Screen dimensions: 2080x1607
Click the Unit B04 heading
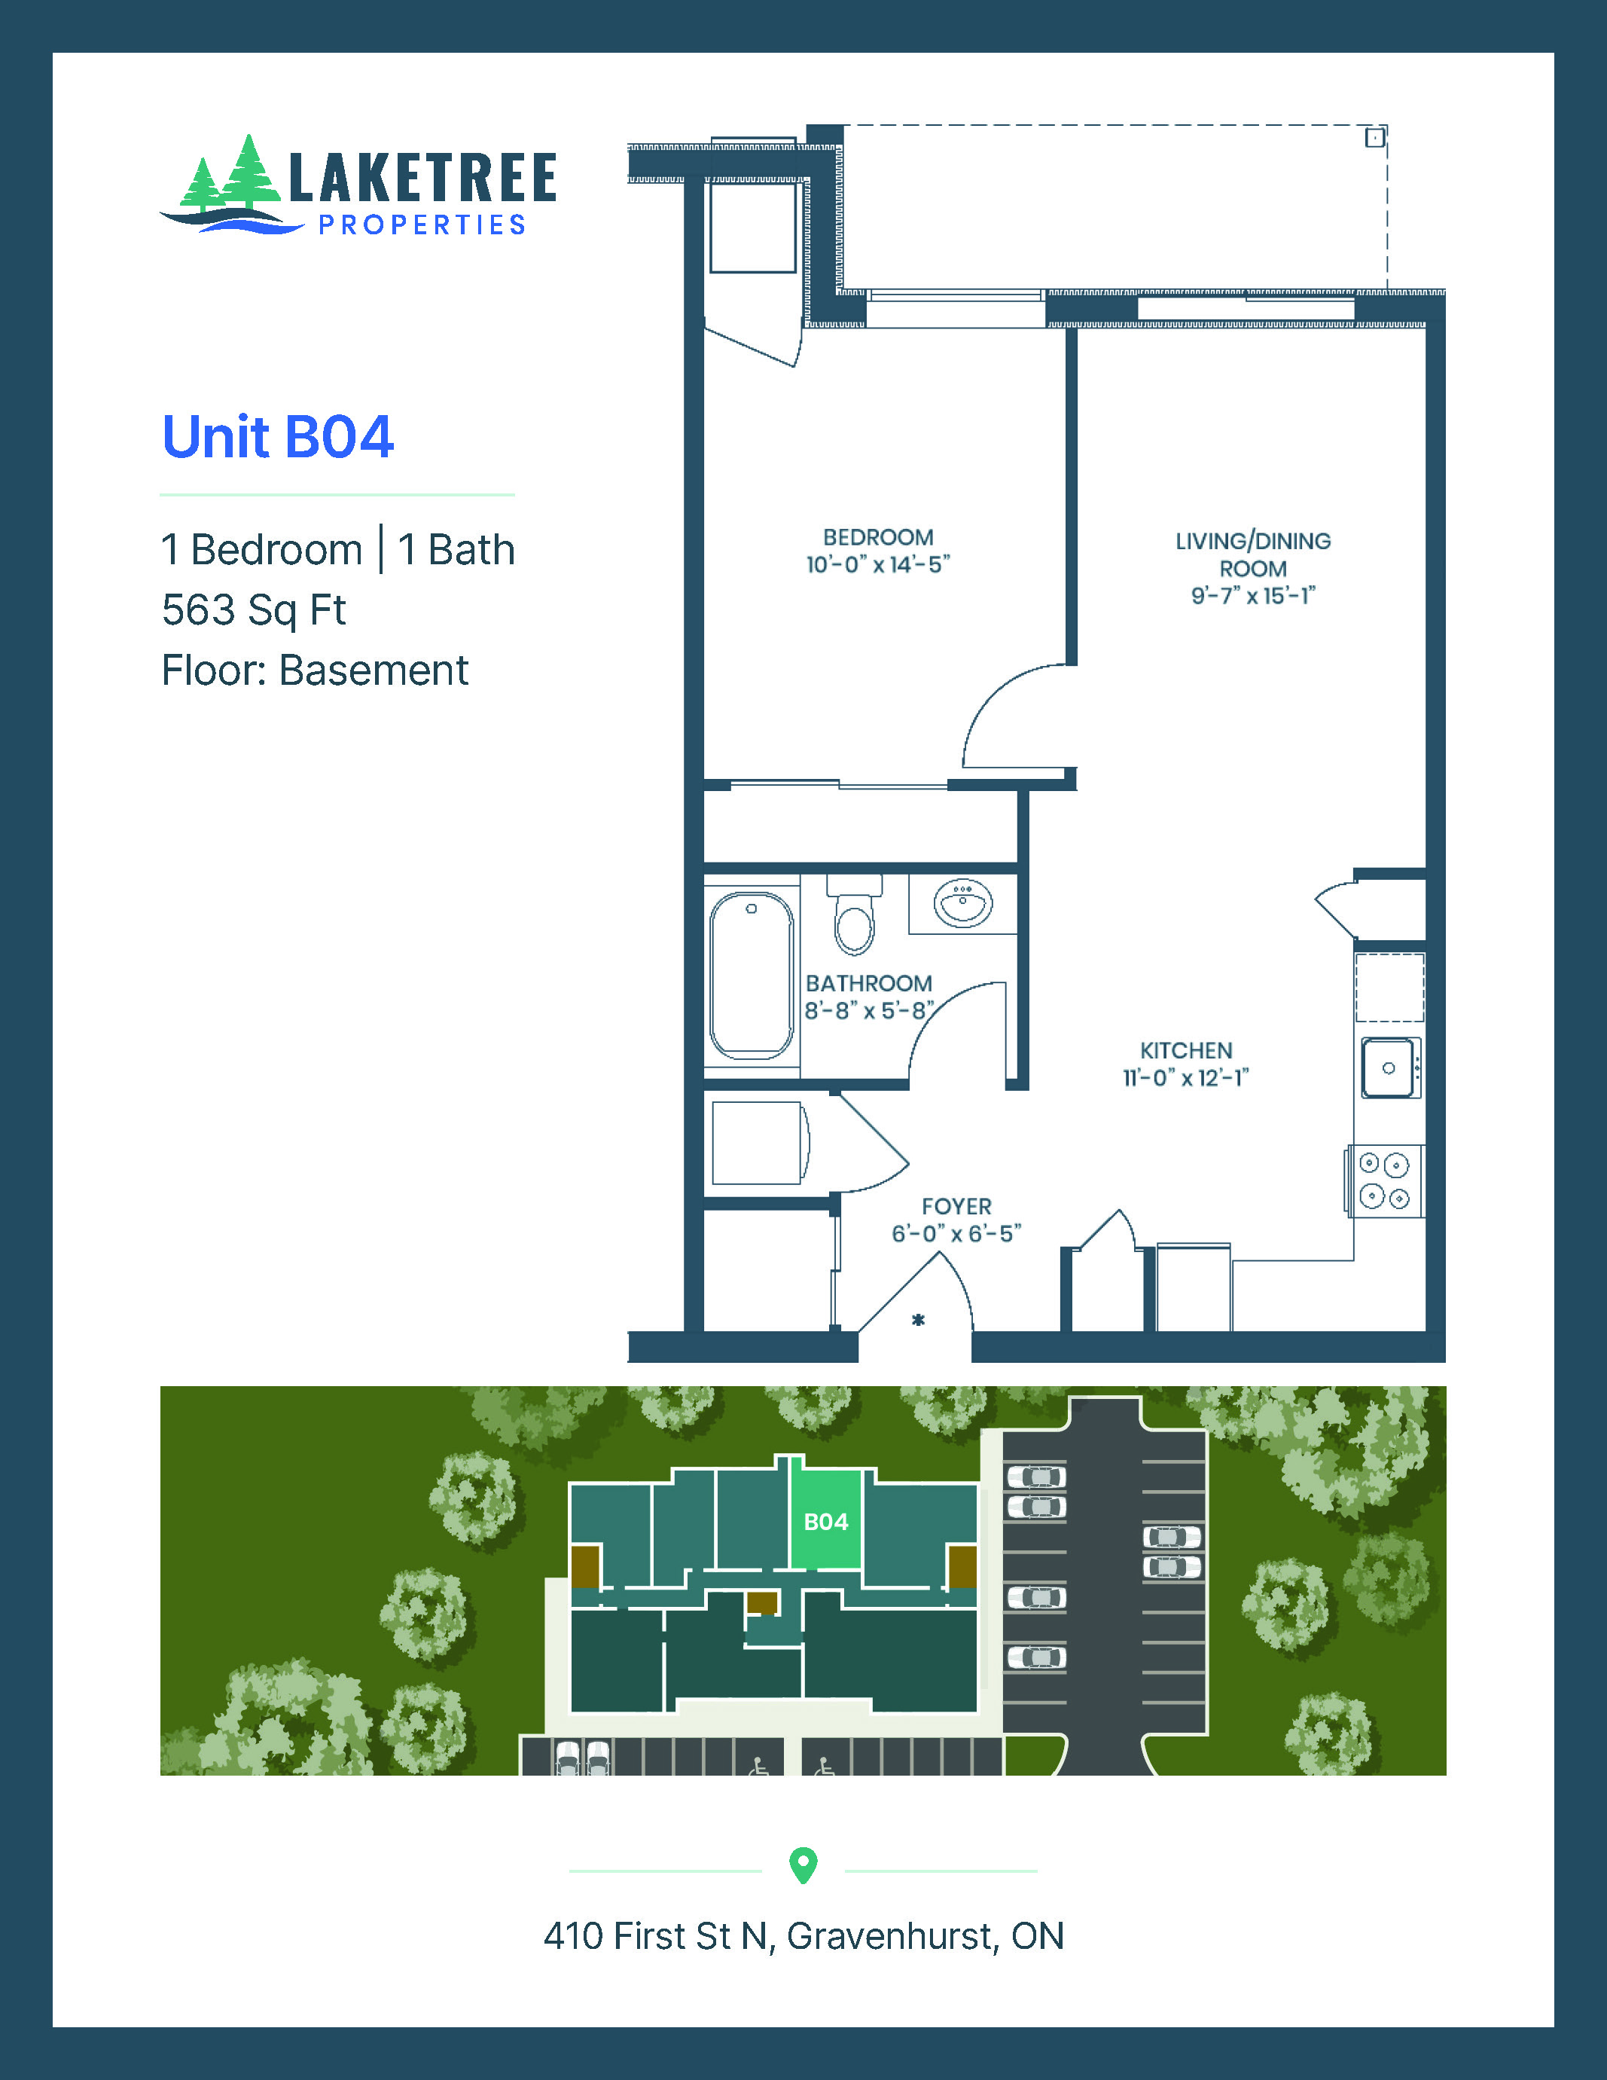click(277, 437)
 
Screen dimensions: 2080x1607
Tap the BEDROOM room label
click(878, 537)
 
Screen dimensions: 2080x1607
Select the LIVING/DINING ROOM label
click(1253, 554)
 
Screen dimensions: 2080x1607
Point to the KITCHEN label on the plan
click(1186, 1050)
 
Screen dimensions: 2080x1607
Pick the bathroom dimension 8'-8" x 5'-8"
click(869, 1010)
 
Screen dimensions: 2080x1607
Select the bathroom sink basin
click(963, 902)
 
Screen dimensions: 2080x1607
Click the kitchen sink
click(1388, 1067)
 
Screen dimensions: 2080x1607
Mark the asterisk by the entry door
click(918, 1320)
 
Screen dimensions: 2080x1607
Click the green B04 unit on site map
click(825, 1522)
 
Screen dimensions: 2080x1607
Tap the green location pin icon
click(803, 1864)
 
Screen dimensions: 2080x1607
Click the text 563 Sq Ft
click(253, 610)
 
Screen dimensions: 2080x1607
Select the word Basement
click(374, 670)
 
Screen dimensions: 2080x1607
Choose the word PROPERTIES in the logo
click(422, 224)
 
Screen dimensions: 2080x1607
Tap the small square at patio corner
click(1374, 138)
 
